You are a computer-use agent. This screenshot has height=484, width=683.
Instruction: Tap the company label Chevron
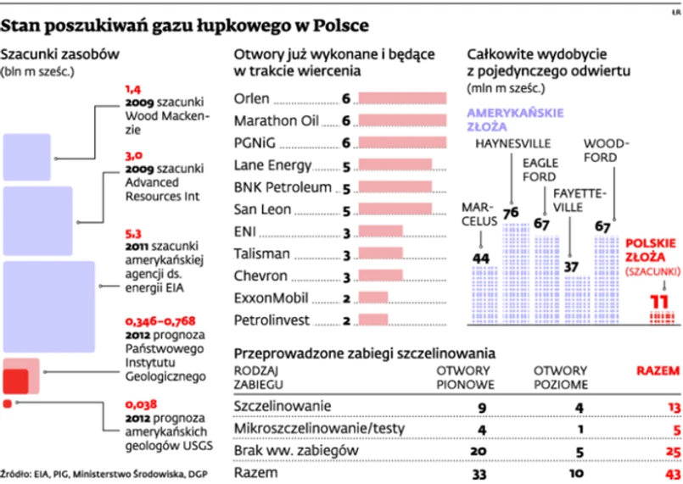pos(260,275)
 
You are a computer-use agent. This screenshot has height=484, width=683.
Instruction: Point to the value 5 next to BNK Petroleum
pos(345,187)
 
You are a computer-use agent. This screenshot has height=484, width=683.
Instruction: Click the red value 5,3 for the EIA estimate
pos(133,232)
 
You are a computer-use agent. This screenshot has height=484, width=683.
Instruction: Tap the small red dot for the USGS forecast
pos(8,403)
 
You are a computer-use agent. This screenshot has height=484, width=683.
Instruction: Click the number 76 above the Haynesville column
pos(511,213)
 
